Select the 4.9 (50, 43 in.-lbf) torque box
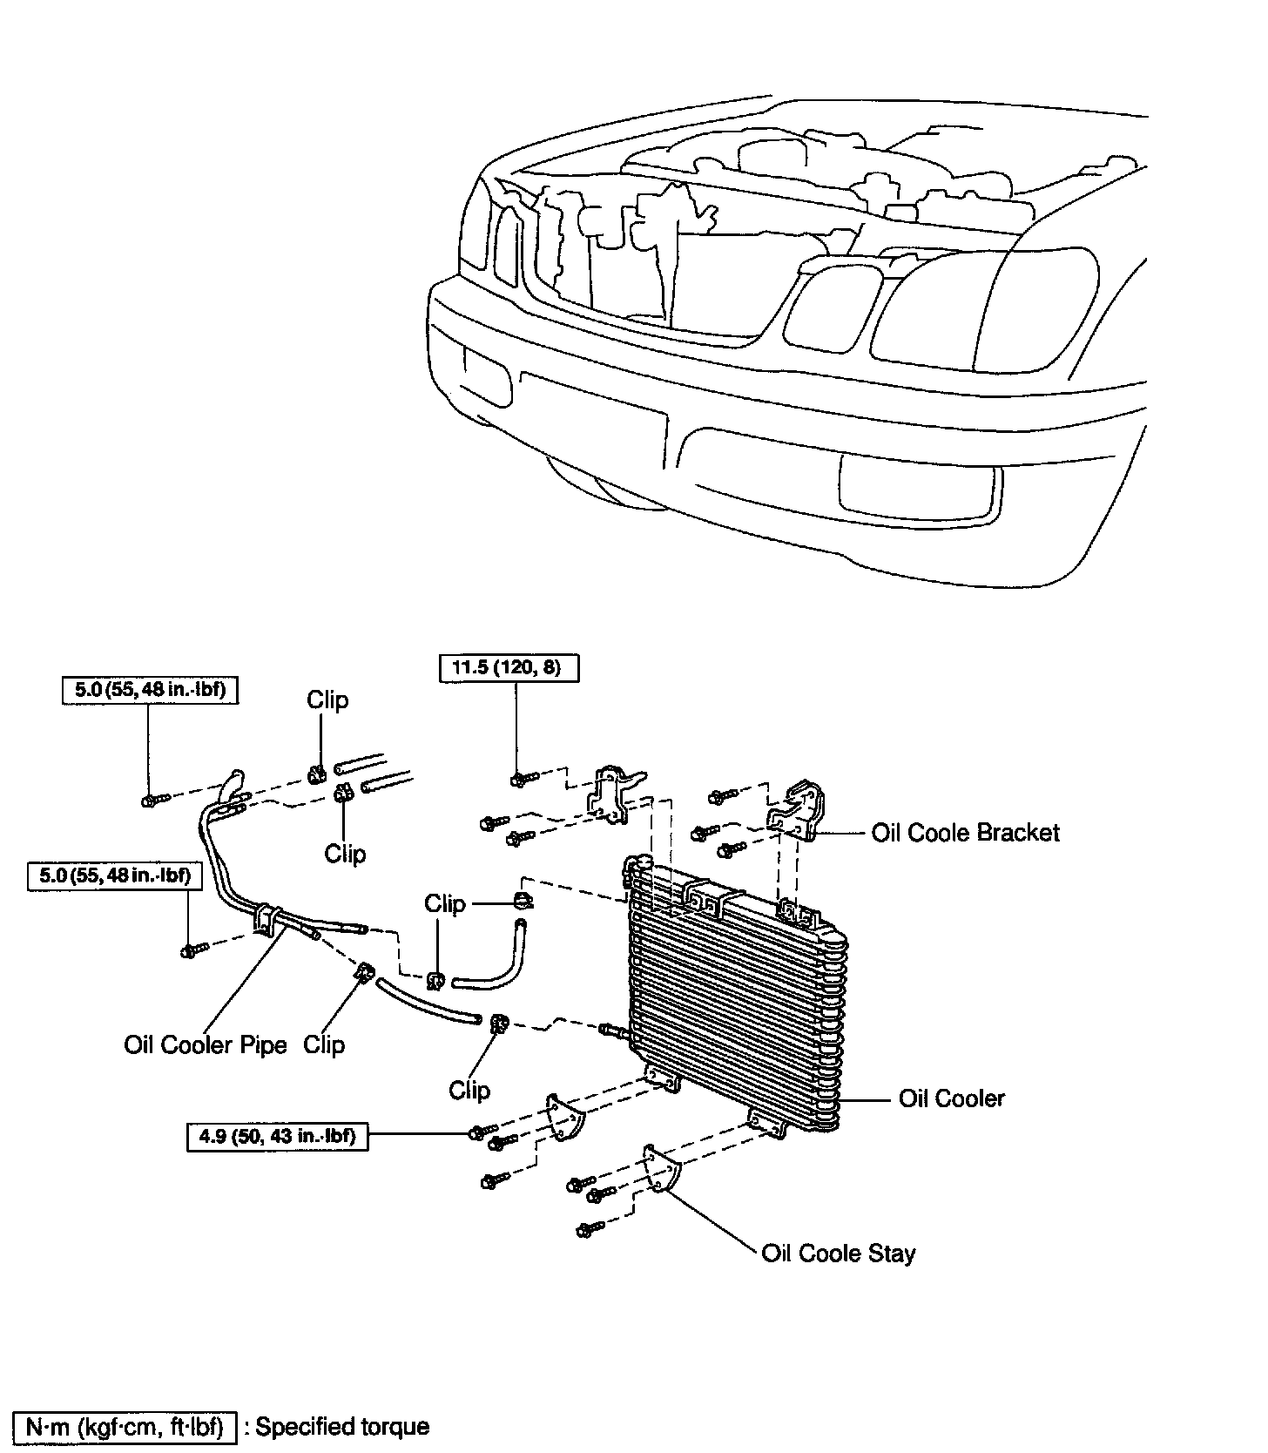coord(277,1136)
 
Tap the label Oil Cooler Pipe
coord(206,1044)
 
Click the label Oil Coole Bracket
coord(965,833)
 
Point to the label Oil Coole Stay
coord(838,1254)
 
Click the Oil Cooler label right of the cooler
coord(951,1098)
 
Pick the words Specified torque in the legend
coord(342,1427)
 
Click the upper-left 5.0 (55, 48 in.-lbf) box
coord(150,690)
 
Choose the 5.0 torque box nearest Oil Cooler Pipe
coord(115,875)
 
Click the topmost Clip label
coord(327,700)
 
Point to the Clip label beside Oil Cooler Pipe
coord(324,1044)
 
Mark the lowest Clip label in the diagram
coord(469,1090)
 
